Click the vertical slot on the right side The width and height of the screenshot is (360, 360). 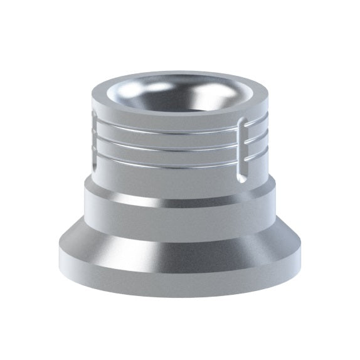[x=242, y=151]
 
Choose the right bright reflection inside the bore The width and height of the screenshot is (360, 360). [x=207, y=94]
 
